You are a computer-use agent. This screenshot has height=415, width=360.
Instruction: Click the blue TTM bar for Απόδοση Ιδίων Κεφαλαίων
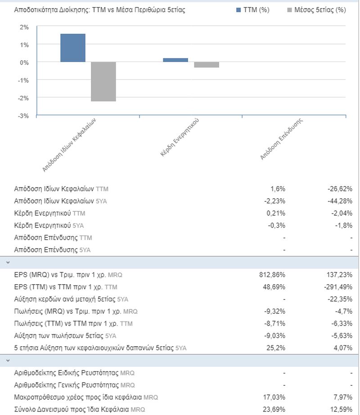click(x=73, y=48)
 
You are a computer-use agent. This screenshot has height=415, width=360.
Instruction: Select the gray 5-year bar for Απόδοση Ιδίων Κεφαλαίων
click(x=103, y=81)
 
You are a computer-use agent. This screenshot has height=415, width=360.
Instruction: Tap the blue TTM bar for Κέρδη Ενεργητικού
click(x=175, y=60)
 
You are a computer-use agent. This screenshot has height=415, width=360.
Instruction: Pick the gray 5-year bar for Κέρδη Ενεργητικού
click(x=207, y=65)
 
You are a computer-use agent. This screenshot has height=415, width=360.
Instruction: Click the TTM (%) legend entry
click(x=253, y=10)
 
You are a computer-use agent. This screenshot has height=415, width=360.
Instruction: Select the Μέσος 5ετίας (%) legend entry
click(x=316, y=10)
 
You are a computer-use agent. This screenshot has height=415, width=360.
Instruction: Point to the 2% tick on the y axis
click(x=24, y=27)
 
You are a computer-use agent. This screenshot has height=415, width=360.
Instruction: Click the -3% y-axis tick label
click(x=23, y=116)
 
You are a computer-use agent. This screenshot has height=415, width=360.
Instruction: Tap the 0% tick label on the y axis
click(x=24, y=63)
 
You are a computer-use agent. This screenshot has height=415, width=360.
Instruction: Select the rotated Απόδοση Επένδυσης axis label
click(x=281, y=139)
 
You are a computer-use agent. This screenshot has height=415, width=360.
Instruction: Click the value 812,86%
click(x=272, y=275)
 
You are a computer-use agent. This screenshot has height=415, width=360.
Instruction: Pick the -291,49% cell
click(x=338, y=287)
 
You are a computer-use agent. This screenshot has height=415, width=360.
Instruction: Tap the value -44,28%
click(x=340, y=201)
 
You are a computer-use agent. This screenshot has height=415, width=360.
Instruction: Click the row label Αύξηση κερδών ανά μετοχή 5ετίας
click(x=65, y=299)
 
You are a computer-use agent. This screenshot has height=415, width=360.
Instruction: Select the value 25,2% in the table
click(x=276, y=348)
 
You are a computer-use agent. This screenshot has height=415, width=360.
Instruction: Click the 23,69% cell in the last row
click(x=274, y=410)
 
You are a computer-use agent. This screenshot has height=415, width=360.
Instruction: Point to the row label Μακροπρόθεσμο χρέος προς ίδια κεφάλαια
click(x=78, y=397)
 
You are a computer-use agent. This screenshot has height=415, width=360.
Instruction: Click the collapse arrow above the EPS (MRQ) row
click(x=8, y=263)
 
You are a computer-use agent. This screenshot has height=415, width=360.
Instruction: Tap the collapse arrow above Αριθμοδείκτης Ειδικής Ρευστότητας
click(x=8, y=361)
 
